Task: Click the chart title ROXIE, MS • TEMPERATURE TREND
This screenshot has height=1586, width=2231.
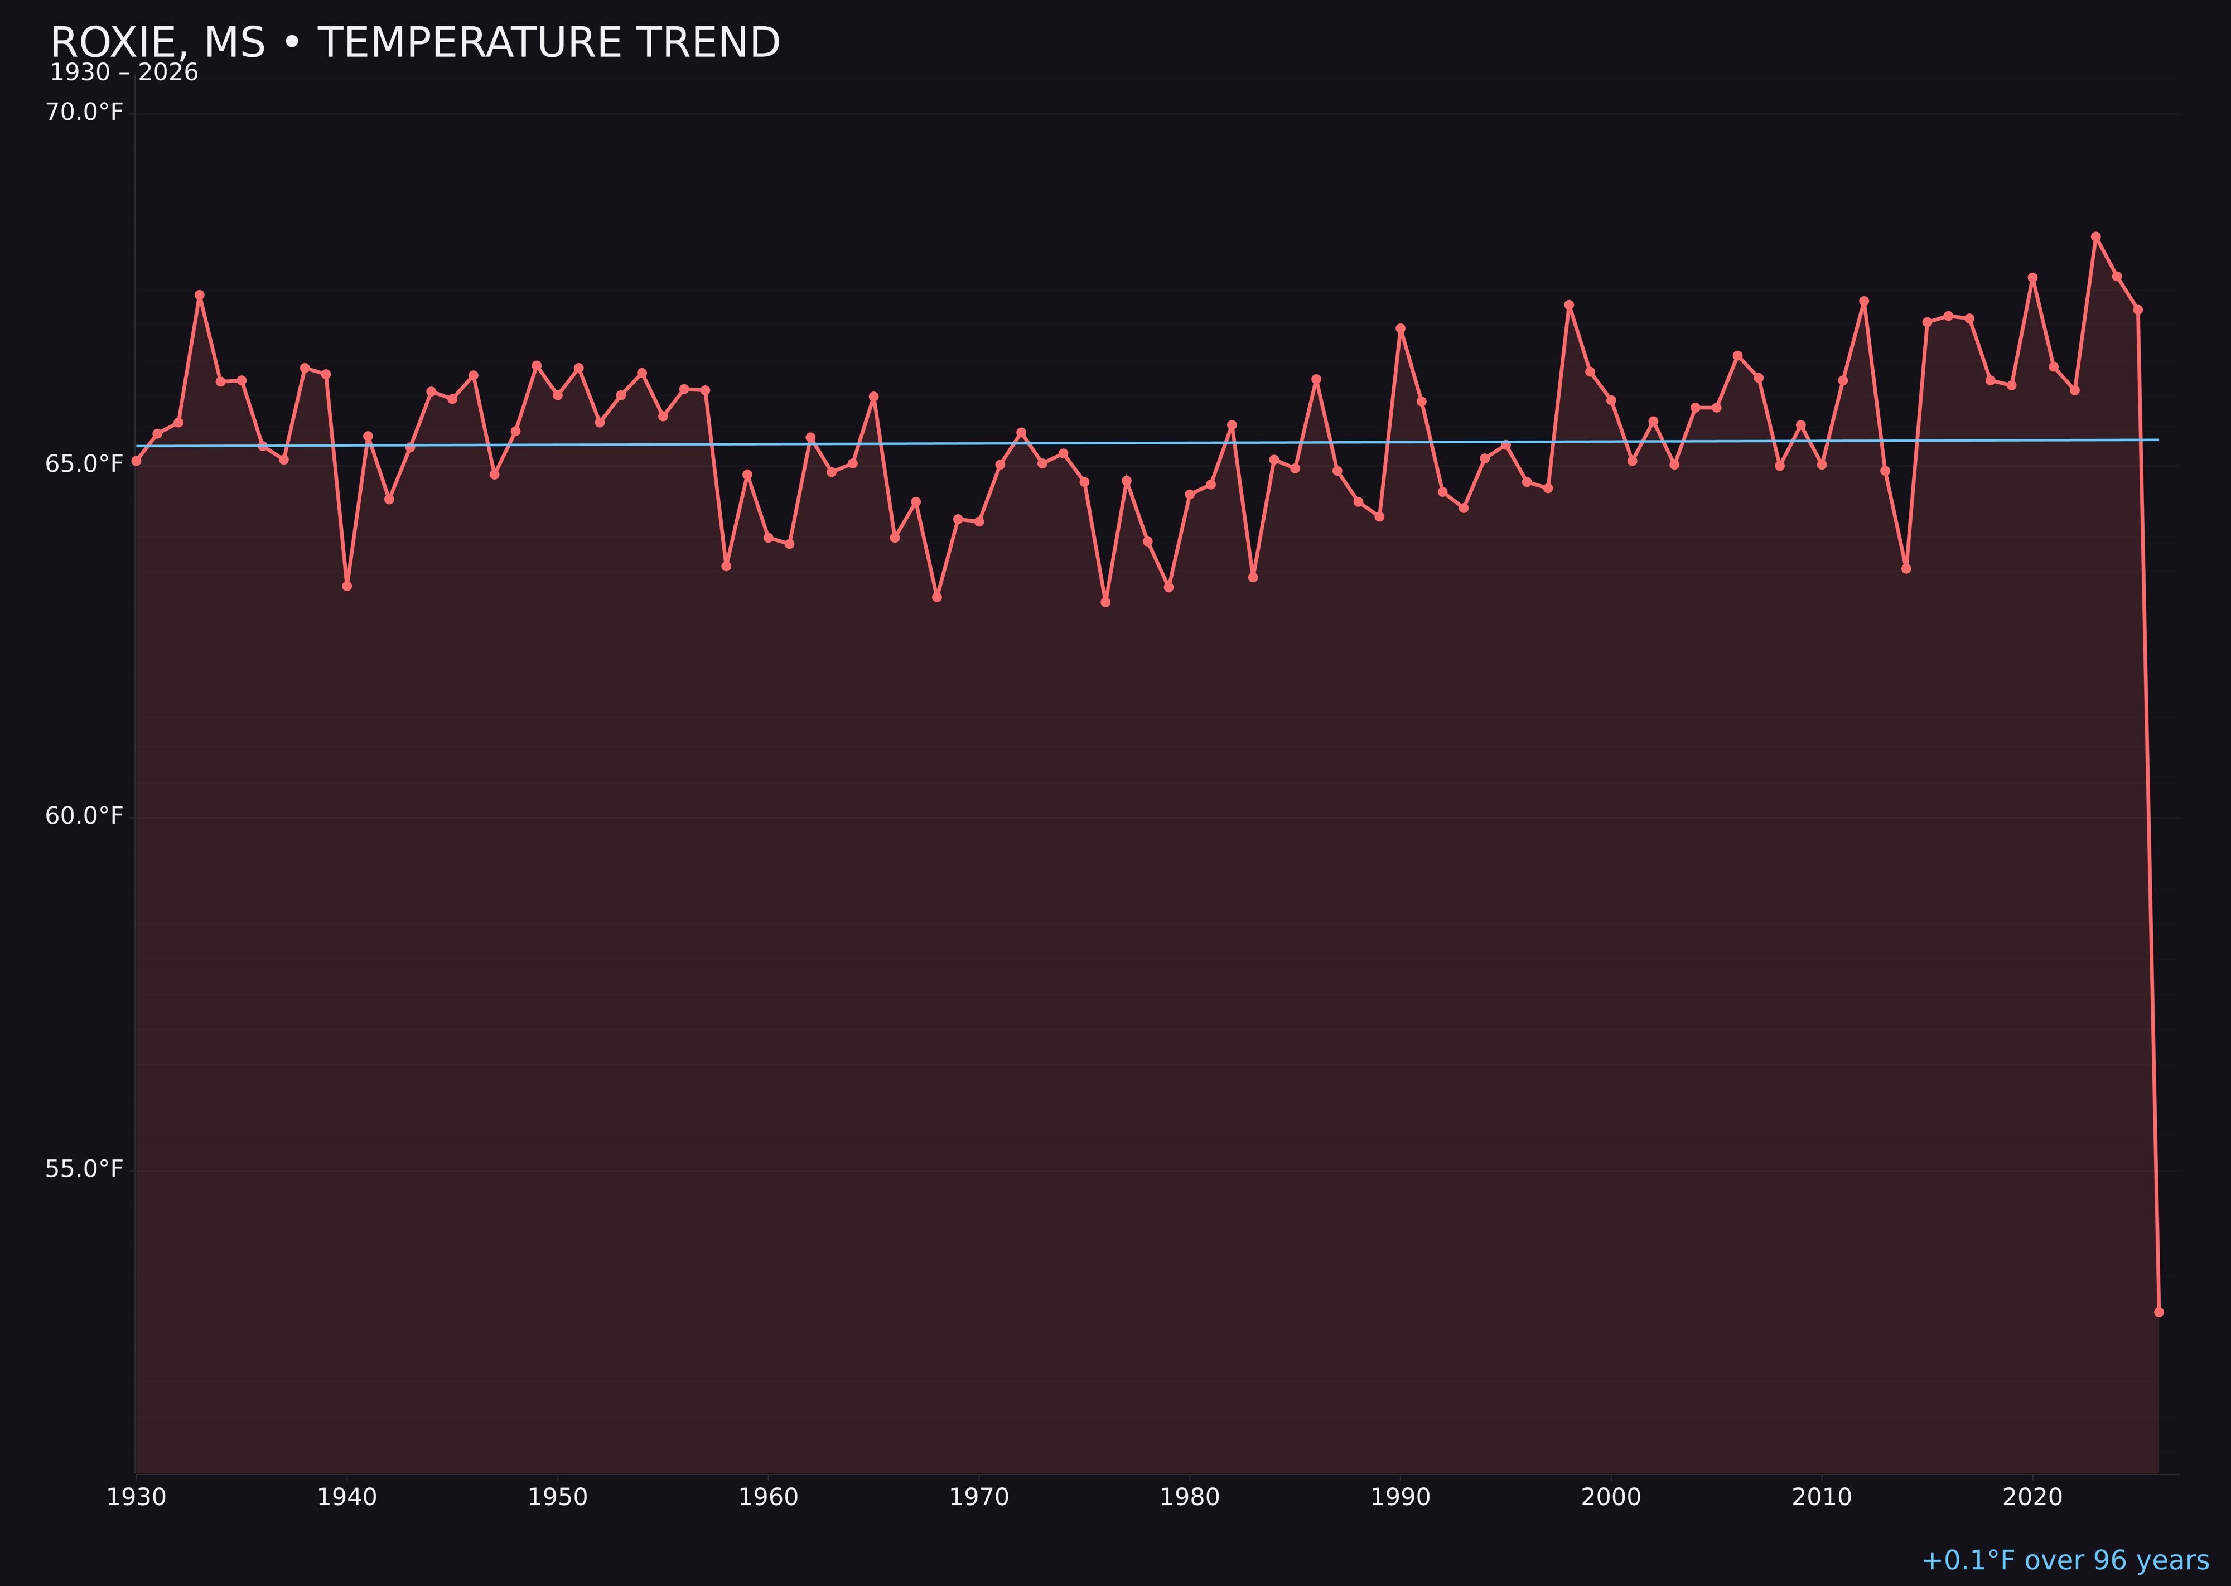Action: click(x=415, y=43)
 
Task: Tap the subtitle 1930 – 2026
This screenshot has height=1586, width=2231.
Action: click(x=124, y=73)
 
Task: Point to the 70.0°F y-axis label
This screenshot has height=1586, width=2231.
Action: click(x=84, y=112)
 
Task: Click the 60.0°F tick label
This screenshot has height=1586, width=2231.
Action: click(x=84, y=815)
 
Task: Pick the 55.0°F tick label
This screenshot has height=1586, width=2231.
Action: click(x=84, y=1169)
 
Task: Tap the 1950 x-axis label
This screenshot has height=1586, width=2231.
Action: click(x=558, y=1497)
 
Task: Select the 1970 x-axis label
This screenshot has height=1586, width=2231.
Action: click(x=979, y=1497)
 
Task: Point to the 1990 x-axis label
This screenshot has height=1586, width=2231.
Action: click(x=1400, y=1497)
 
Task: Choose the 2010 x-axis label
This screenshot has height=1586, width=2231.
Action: click(x=1822, y=1497)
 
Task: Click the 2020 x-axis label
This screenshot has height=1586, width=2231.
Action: click(x=2032, y=1497)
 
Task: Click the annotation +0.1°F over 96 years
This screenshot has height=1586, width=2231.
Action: click(x=2065, y=1560)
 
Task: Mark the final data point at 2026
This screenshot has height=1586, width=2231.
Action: click(x=2158, y=1312)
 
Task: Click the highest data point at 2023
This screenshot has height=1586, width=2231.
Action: click(x=2095, y=236)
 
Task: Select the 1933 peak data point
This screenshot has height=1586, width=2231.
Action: click(x=199, y=295)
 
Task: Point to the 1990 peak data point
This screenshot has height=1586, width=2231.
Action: click(x=1400, y=329)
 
